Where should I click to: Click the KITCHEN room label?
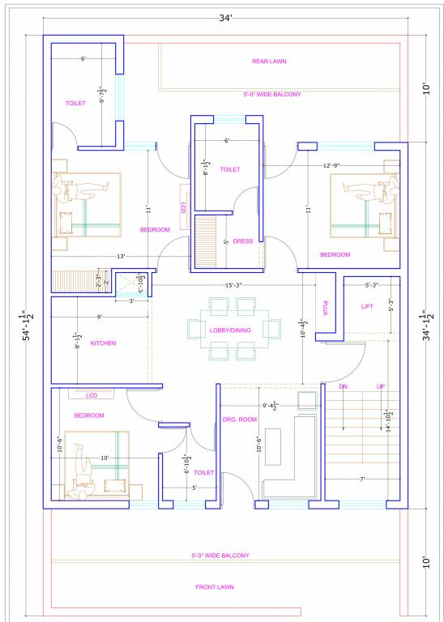coord(103,343)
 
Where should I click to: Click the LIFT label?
coord(367,306)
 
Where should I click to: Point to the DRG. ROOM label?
coord(240,419)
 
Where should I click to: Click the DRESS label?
coord(243,241)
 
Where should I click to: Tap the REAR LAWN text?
coord(269,61)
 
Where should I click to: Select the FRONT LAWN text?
coord(215,587)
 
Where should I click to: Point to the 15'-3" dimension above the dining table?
coord(234,285)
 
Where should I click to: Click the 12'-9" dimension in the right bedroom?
coord(331,166)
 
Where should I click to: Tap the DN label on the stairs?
coord(344,386)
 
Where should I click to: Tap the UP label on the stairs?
coord(381,386)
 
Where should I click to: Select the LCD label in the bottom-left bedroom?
coord(92,395)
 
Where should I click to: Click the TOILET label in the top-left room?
coord(75,103)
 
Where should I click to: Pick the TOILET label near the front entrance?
coord(204,472)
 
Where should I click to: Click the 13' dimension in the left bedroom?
coord(120,257)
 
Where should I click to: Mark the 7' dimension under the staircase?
coord(363,479)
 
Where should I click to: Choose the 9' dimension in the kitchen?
coord(99,317)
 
